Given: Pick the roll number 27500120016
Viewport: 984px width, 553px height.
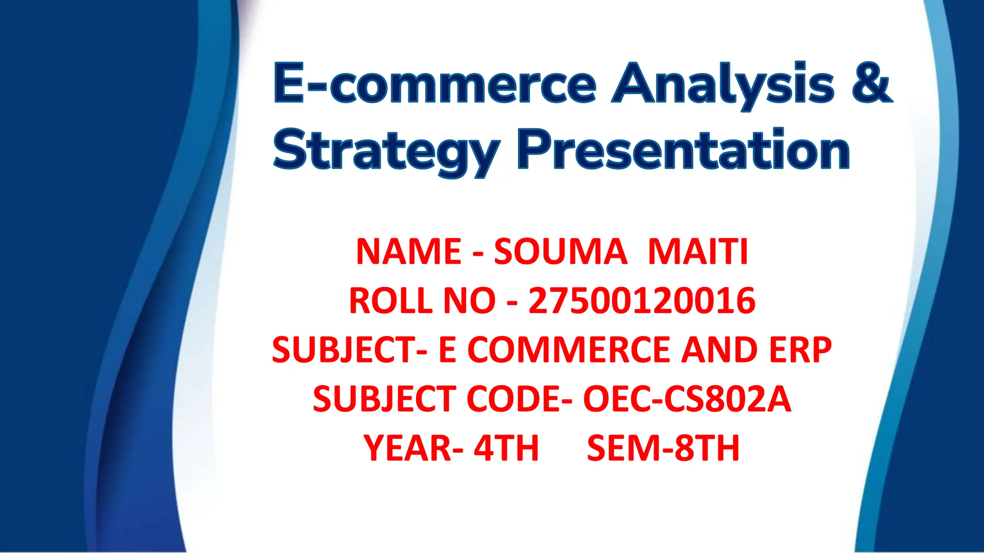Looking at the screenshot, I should point(642,301).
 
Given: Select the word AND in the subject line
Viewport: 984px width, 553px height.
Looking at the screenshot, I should point(721,350).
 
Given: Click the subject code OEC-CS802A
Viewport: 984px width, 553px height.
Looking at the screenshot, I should point(687,399).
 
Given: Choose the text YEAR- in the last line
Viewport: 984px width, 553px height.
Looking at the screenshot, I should point(414,448).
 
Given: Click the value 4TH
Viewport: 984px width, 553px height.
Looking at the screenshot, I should point(506,448).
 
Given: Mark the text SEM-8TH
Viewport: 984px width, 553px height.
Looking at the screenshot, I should point(663,448).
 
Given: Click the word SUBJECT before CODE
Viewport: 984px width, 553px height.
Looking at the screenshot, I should point(384,399).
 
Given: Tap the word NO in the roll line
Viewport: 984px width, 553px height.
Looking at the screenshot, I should point(469,301).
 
